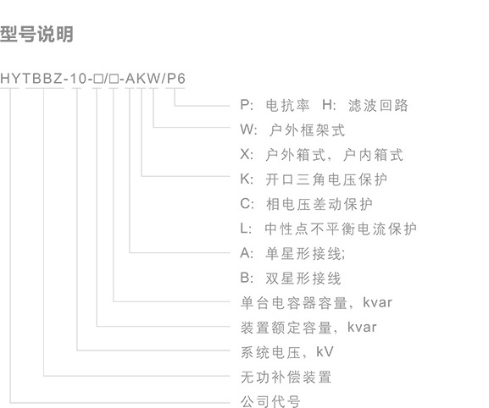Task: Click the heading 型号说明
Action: click(36, 34)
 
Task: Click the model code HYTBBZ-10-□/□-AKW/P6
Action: click(93, 78)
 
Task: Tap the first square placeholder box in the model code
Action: click(98, 79)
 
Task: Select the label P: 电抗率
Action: click(275, 105)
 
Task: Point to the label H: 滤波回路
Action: click(365, 105)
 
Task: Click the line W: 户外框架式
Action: click(292, 130)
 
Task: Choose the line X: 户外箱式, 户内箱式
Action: click(322, 155)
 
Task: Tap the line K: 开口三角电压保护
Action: click(314, 179)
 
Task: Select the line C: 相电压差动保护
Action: click(307, 204)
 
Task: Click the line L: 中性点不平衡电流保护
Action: click(328, 229)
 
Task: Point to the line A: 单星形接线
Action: click(293, 253)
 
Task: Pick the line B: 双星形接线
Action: click(291, 278)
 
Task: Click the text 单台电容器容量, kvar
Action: click(316, 303)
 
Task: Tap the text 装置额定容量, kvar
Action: click(308, 328)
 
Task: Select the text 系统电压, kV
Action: click(287, 352)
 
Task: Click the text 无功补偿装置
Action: click(286, 378)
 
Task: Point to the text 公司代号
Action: click(270, 401)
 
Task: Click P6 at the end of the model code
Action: click(176, 79)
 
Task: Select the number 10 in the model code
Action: click(78, 79)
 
